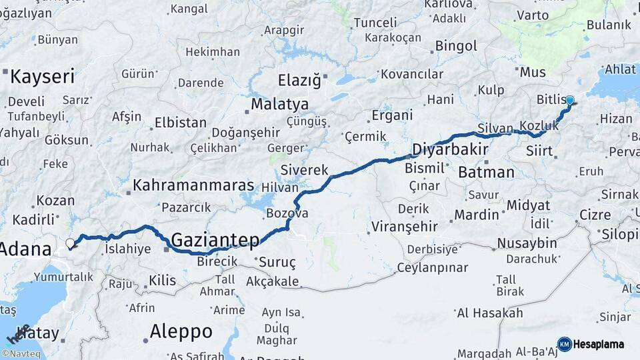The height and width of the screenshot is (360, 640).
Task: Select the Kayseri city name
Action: click(43, 77)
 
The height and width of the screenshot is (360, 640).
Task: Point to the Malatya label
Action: click(279, 105)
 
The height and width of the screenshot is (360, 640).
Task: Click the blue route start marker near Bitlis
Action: click(569, 100)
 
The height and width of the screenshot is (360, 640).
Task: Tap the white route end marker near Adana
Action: click(70, 244)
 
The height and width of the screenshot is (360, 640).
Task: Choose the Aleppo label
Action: click(181, 331)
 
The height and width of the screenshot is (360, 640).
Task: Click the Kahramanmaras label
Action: click(193, 185)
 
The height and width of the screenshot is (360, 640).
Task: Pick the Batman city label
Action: click(487, 173)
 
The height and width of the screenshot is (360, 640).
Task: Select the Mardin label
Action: click(477, 215)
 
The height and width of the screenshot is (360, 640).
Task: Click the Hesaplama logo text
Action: click(599, 344)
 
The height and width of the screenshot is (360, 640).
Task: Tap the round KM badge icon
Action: click(564, 344)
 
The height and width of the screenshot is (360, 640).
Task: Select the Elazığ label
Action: click(299, 81)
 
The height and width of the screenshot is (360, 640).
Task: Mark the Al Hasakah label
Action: click(490, 313)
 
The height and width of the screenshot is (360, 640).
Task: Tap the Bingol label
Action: click(456, 46)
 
